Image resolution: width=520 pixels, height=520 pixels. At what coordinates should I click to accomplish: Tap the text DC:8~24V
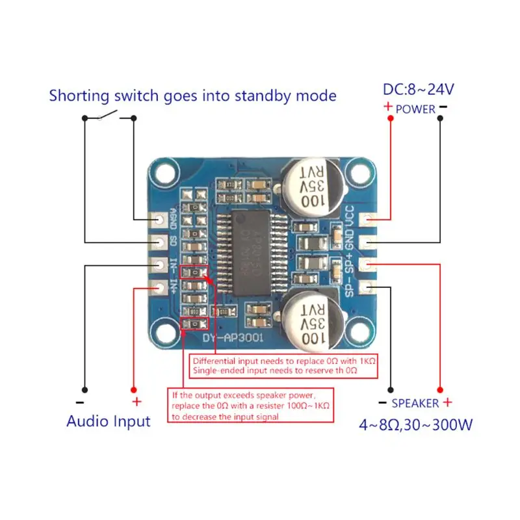pos(417,90)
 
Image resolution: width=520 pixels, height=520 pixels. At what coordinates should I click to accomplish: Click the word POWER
pos(415,109)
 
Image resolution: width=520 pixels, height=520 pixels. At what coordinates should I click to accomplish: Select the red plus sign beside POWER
pos(388,107)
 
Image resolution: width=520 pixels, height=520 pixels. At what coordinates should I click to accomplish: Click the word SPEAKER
pos(415,404)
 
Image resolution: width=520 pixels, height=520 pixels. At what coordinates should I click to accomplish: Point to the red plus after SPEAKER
pos(447,403)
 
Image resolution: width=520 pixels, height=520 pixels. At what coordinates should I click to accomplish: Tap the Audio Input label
pos(108,421)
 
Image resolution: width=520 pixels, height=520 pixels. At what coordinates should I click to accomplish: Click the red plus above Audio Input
pos(136,401)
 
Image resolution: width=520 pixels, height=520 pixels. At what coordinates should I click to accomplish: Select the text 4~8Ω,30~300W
pos(416,426)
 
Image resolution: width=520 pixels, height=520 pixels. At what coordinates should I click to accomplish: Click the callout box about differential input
pos(284,366)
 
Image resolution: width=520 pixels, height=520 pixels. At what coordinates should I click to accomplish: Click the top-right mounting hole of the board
pos(357,174)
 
